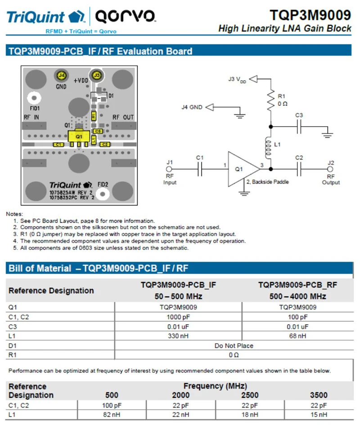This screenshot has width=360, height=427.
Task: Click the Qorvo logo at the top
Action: click(125, 16)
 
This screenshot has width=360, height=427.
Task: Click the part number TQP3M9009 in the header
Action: click(310, 15)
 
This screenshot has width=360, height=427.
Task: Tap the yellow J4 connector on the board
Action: click(62, 75)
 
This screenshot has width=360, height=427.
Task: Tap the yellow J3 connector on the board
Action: click(97, 75)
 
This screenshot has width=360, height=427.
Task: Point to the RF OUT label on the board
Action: click(123, 118)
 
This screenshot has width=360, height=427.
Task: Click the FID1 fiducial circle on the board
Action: click(34, 98)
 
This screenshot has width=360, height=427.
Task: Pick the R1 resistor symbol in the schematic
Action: click(271, 100)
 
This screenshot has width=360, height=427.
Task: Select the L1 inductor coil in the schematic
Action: click(268, 147)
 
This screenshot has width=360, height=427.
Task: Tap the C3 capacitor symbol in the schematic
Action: click(299, 127)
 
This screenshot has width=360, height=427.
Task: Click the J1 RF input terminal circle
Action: click(169, 169)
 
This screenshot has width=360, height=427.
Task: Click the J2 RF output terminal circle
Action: click(330, 169)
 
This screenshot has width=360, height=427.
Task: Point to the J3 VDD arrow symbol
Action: click(253, 79)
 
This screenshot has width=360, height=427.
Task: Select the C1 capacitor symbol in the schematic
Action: click(200, 169)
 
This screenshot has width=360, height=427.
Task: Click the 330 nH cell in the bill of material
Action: click(178, 336)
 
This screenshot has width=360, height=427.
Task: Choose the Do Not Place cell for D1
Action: click(234, 345)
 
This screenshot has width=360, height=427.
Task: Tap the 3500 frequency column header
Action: click(319, 395)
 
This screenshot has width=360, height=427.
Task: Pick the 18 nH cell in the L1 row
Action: click(249, 415)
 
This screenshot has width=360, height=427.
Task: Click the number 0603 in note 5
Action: click(85, 248)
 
